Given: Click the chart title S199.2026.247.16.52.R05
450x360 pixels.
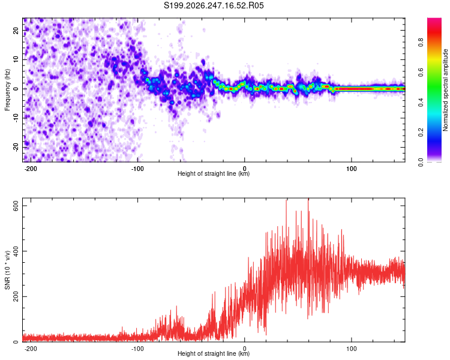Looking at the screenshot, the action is coord(214,5).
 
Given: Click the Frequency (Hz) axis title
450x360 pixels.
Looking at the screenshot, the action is coord(7,90).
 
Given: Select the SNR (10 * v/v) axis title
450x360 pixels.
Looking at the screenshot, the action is coord(7,270).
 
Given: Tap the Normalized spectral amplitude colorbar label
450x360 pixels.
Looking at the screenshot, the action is coord(445,90).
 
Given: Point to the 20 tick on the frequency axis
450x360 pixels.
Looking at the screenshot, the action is coord(16,30).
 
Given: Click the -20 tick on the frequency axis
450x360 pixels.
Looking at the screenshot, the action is coord(16,147).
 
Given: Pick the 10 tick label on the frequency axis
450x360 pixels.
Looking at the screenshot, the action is coord(16,59).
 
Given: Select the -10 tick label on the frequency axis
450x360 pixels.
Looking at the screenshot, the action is coord(16,118).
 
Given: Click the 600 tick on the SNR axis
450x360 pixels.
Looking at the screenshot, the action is coord(16,206).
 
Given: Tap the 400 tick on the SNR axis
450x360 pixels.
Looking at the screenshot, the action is coord(16,251).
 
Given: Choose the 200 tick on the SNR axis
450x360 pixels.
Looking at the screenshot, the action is coord(16,296).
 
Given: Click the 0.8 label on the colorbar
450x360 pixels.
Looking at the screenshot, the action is coord(421,42).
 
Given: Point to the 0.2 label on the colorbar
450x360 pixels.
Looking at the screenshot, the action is coord(421,132).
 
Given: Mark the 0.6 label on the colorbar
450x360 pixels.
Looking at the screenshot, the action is coord(421,72).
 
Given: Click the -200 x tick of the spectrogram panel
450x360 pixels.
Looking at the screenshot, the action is coord(30,169).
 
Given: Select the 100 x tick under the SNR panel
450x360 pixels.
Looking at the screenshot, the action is coord(351,349).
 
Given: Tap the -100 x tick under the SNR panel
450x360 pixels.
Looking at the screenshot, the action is coord(137,349).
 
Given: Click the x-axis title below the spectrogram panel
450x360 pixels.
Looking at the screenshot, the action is coord(214,173).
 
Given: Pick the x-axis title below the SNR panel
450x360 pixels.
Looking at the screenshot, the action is coord(214,353).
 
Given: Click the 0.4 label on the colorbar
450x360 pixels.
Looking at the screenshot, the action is coord(421,102).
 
